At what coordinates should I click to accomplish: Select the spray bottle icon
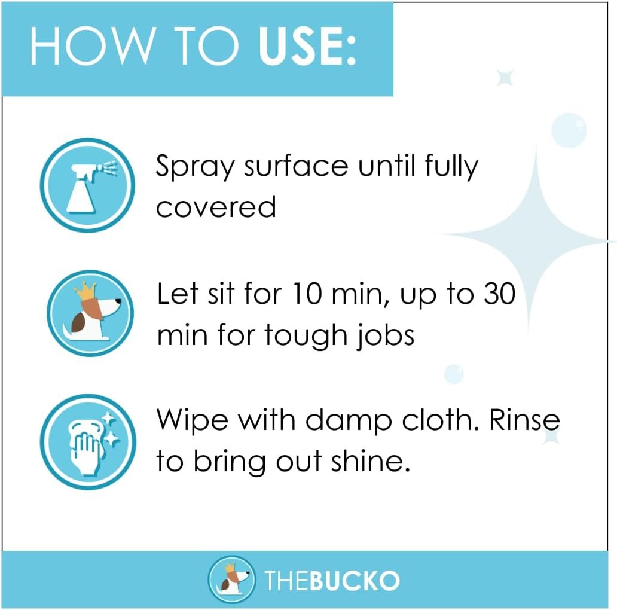[x=87, y=185]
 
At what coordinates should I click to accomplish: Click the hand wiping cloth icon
[x=88, y=441]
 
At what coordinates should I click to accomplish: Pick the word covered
[x=216, y=207]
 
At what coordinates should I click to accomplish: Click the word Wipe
[x=193, y=420]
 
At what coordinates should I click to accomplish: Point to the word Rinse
[x=524, y=420]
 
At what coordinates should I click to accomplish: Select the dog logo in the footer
[x=232, y=579]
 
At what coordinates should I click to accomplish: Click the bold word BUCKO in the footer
[x=355, y=581]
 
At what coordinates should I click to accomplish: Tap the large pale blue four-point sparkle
[x=532, y=236]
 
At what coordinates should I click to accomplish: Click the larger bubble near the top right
[x=569, y=130]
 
